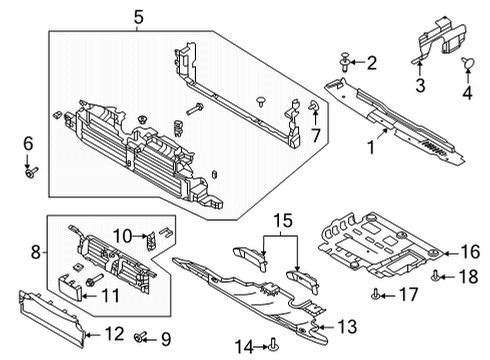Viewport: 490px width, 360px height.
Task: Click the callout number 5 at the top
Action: pos(138,15)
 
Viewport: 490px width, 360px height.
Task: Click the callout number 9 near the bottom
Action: pos(165,338)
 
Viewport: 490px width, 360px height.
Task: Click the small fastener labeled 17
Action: pos(374,292)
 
